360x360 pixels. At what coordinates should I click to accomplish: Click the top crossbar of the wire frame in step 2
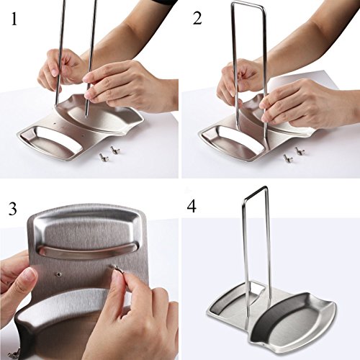pyautogui.click(x=248, y=6)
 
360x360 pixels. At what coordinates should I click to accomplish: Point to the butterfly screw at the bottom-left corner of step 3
pyautogui.click(x=13, y=354)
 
